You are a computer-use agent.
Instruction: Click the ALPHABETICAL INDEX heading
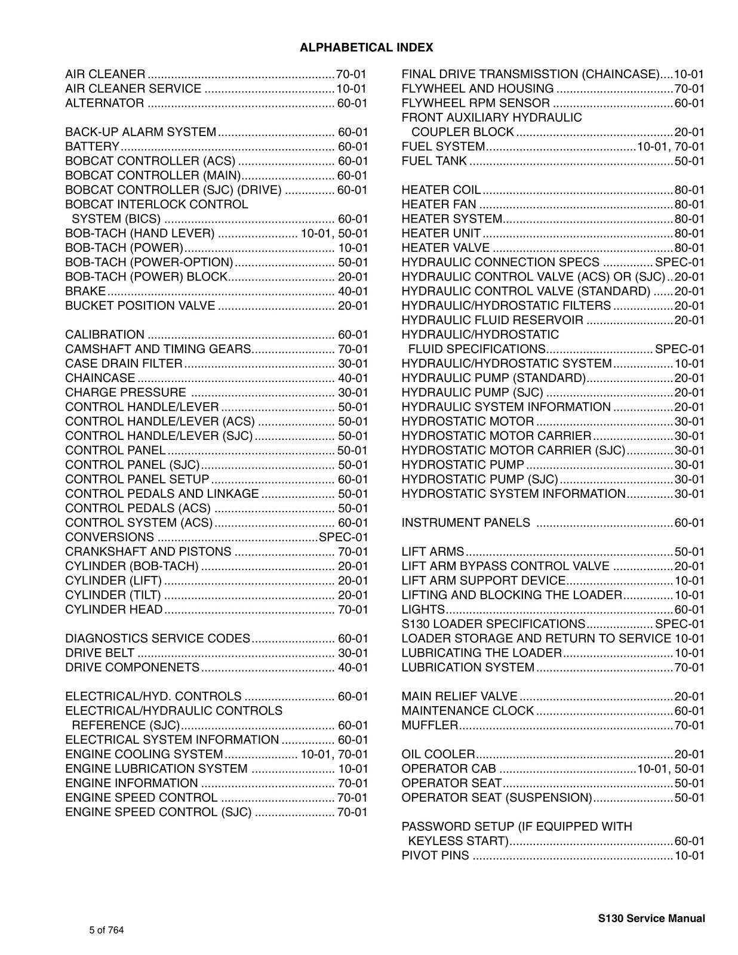[x=366, y=48]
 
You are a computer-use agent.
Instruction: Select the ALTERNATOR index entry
[x=104, y=103]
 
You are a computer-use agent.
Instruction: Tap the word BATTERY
[x=93, y=147]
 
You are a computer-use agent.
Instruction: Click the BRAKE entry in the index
[x=85, y=291]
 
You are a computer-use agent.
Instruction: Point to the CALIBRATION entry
[x=104, y=335]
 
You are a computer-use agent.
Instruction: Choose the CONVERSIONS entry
[x=109, y=537]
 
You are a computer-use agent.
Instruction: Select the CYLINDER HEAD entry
[x=114, y=609]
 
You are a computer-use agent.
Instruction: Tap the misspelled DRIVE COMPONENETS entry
[x=132, y=667]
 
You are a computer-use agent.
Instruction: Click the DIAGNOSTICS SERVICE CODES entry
[x=158, y=639]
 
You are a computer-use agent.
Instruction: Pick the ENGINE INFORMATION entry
[x=131, y=783]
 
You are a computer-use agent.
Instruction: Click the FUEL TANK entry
[x=434, y=161]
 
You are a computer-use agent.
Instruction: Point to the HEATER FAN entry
[x=439, y=205]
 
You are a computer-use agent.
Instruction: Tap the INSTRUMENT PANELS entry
[x=466, y=523]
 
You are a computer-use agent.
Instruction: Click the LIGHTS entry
[x=423, y=609]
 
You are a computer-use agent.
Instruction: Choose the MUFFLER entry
[x=429, y=725]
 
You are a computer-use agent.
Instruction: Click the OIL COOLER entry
[x=438, y=754]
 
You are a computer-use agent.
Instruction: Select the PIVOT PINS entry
[x=435, y=856]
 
